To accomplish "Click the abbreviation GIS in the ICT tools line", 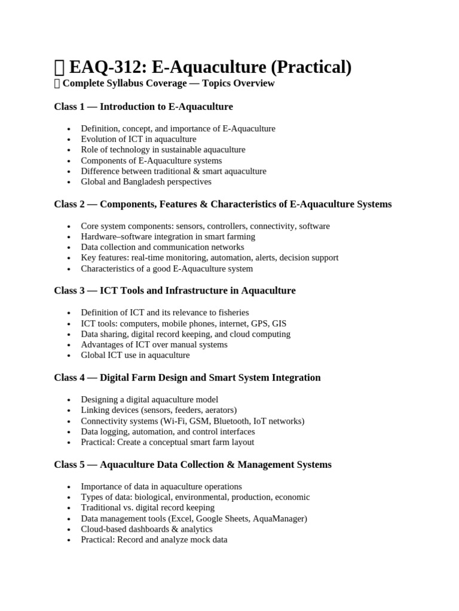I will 279,323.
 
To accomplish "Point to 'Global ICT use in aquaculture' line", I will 135,355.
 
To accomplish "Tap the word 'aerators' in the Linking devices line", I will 219,410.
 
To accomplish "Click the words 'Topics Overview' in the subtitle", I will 238,84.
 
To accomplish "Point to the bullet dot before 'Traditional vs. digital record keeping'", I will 69,508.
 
